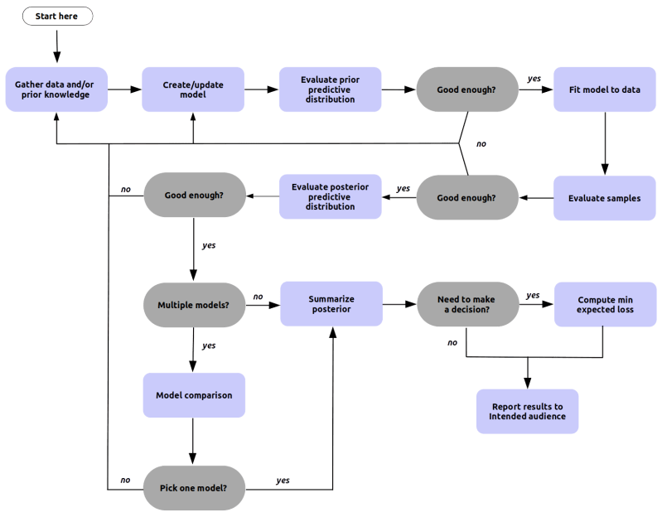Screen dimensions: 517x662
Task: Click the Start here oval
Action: click(x=56, y=17)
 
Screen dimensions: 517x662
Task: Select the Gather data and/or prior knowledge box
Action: click(x=56, y=89)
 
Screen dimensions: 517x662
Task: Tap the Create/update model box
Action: click(x=193, y=89)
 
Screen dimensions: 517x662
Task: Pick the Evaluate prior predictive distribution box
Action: click(x=330, y=89)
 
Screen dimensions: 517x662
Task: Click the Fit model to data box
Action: click(x=604, y=89)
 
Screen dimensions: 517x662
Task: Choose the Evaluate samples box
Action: click(x=604, y=198)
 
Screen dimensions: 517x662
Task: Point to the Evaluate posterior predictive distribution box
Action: click(x=330, y=197)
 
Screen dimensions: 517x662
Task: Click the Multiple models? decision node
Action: click(x=194, y=305)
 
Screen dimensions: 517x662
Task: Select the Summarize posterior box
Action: click(x=331, y=304)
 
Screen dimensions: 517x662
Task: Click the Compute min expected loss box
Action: click(x=604, y=304)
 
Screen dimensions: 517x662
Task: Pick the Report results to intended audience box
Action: click(x=527, y=411)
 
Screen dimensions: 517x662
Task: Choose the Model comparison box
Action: click(x=194, y=395)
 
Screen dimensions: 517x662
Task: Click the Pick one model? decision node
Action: click(x=194, y=487)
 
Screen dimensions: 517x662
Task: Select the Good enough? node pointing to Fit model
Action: click(x=466, y=89)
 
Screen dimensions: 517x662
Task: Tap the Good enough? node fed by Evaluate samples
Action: click(x=466, y=198)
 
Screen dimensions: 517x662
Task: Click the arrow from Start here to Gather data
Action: click(x=56, y=46)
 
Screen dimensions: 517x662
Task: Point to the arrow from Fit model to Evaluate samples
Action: click(x=604, y=143)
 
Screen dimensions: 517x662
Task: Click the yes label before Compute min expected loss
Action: click(x=533, y=296)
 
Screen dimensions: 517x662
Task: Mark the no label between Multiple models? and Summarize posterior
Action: click(x=258, y=297)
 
